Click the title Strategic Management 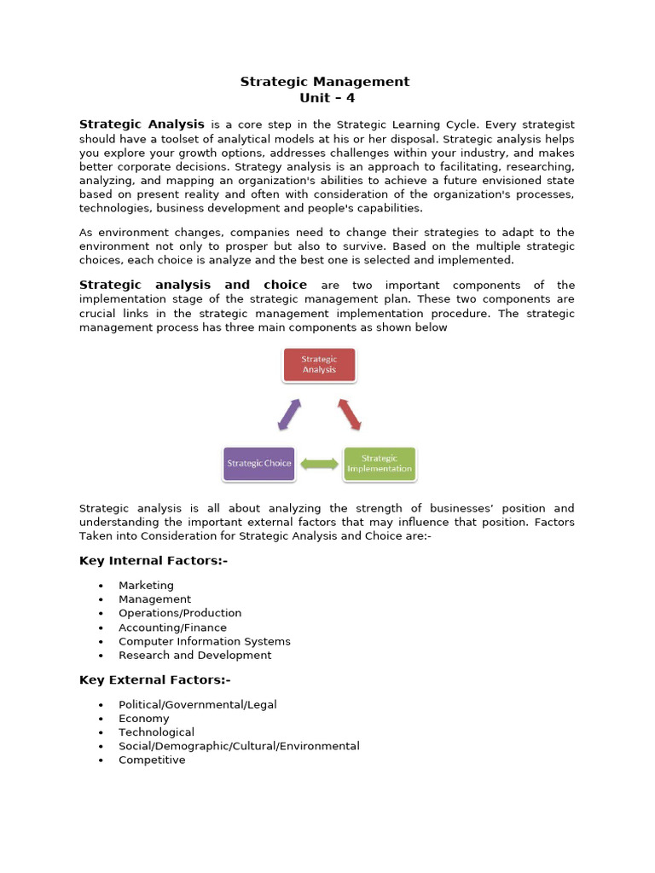324,82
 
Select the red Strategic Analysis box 319,365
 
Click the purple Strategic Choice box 258,464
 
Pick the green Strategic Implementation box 379,464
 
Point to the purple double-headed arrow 289,414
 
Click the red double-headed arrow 350,414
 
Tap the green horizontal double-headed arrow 319,464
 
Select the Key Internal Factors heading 154,560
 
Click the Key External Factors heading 155,679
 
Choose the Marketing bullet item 146,586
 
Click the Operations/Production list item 180,613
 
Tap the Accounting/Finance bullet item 172,627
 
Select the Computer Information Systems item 205,641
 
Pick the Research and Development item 195,656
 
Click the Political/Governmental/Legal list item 198,705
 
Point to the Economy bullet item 144,719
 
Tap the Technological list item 156,732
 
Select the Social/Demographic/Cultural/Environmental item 239,746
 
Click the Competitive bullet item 152,760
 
